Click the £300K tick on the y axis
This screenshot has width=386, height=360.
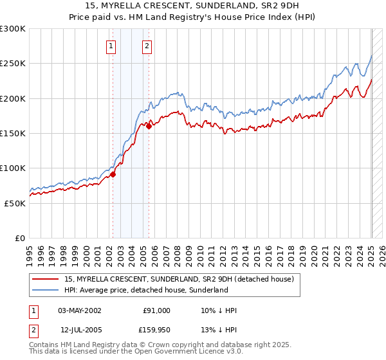(x=13, y=29)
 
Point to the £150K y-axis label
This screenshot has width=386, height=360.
(x=13, y=133)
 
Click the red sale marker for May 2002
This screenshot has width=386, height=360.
(x=113, y=174)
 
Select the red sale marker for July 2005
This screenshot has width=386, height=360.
(x=149, y=126)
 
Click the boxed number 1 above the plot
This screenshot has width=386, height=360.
(x=111, y=46)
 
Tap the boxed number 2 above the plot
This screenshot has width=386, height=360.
(x=147, y=46)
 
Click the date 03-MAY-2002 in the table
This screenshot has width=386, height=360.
(x=80, y=310)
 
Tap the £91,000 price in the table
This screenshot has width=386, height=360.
(x=156, y=310)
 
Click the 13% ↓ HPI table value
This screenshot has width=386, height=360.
(x=219, y=330)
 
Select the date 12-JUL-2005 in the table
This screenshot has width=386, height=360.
(x=80, y=330)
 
